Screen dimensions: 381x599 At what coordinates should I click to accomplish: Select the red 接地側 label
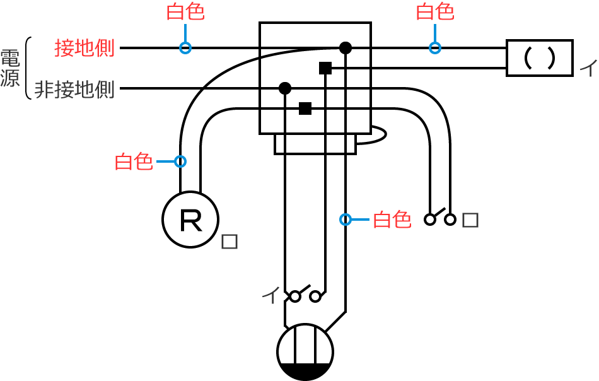(84, 48)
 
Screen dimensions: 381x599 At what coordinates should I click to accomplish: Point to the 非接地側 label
(74, 90)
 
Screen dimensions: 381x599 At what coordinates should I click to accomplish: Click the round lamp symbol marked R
(190, 220)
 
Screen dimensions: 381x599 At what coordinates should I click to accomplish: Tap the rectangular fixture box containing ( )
(540, 58)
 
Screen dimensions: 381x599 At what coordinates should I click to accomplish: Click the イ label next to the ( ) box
(587, 66)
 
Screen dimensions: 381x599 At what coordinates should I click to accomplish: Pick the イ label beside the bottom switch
(270, 295)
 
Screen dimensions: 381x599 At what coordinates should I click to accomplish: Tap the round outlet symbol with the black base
(305, 352)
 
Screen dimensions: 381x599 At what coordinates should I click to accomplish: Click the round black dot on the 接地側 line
(345, 47)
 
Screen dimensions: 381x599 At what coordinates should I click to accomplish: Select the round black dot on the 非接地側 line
(284, 88)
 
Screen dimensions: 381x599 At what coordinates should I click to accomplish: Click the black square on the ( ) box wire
(325, 68)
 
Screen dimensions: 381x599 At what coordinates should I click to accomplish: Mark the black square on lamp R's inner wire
(305, 108)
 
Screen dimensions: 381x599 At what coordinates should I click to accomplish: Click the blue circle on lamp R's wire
(180, 161)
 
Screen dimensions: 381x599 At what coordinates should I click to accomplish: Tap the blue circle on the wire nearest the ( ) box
(434, 48)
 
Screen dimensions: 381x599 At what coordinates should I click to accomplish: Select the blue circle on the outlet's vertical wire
(346, 220)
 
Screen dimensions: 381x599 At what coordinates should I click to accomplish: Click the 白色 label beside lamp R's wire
(134, 161)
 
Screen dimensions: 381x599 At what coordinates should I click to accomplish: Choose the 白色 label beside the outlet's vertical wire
(392, 220)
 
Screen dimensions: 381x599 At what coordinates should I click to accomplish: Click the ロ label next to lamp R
(230, 242)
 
